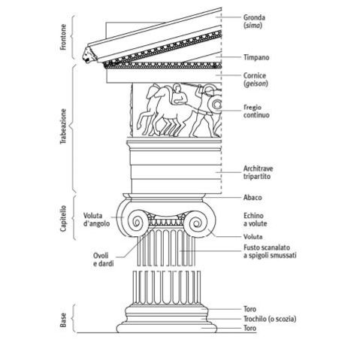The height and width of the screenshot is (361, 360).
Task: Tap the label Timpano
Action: [x=256, y=56]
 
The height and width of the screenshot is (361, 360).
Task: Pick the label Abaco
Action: [x=252, y=198]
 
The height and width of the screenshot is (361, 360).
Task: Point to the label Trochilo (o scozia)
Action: [x=267, y=319]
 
